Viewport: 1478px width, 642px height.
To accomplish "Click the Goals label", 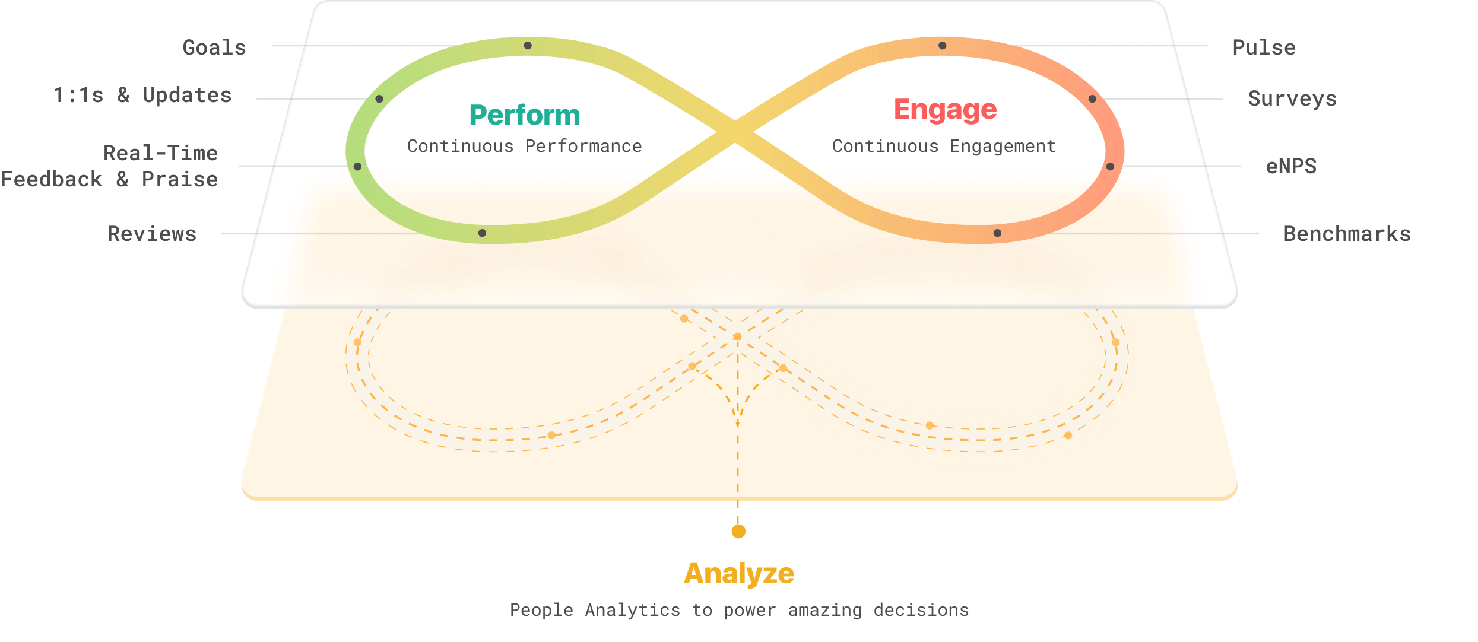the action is tap(214, 47).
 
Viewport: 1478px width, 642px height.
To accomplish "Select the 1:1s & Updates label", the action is tap(142, 95).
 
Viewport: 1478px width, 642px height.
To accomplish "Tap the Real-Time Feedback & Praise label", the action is tap(109, 166).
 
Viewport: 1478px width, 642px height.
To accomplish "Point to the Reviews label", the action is tap(152, 234).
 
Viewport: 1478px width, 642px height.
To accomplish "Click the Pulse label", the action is tap(1264, 47).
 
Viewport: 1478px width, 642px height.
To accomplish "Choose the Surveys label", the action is tap(1292, 99).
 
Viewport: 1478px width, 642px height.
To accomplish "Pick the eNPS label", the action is tap(1291, 166).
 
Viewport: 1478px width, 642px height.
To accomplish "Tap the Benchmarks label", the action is tap(1347, 234).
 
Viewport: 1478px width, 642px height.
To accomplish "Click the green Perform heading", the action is tap(525, 115).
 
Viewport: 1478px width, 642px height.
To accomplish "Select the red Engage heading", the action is tap(946, 110).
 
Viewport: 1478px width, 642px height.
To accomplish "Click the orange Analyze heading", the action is tap(739, 574).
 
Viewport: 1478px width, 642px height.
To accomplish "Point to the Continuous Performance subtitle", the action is tap(525, 146).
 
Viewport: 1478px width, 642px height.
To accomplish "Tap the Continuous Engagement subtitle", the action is tap(944, 147).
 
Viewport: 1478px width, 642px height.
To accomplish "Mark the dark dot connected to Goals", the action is tap(528, 46).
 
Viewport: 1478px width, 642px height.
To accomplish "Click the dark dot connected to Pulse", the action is tap(942, 46).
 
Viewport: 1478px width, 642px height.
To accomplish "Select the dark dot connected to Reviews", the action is tap(482, 233).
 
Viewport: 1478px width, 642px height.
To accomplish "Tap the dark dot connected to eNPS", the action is tap(1110, 167).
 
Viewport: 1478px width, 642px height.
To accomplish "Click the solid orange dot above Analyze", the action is tap(738, 531).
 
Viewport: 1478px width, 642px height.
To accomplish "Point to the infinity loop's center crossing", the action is tap(735, 132).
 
